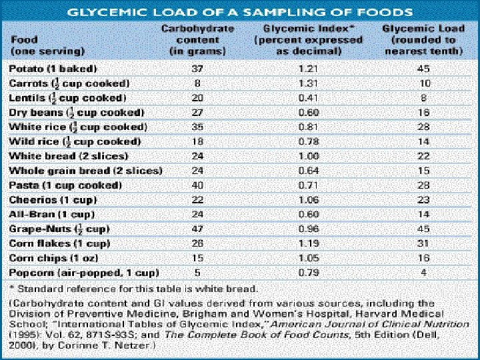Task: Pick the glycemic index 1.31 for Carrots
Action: (x=308, y=83)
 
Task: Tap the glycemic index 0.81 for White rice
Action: (x=308, y=127)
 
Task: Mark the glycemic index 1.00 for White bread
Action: (x=308, y=156)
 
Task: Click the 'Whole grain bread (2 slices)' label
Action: (x=85, y=171)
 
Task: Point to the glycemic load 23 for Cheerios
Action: (x=425, y=199)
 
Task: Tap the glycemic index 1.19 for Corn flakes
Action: (x=308, y=243)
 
